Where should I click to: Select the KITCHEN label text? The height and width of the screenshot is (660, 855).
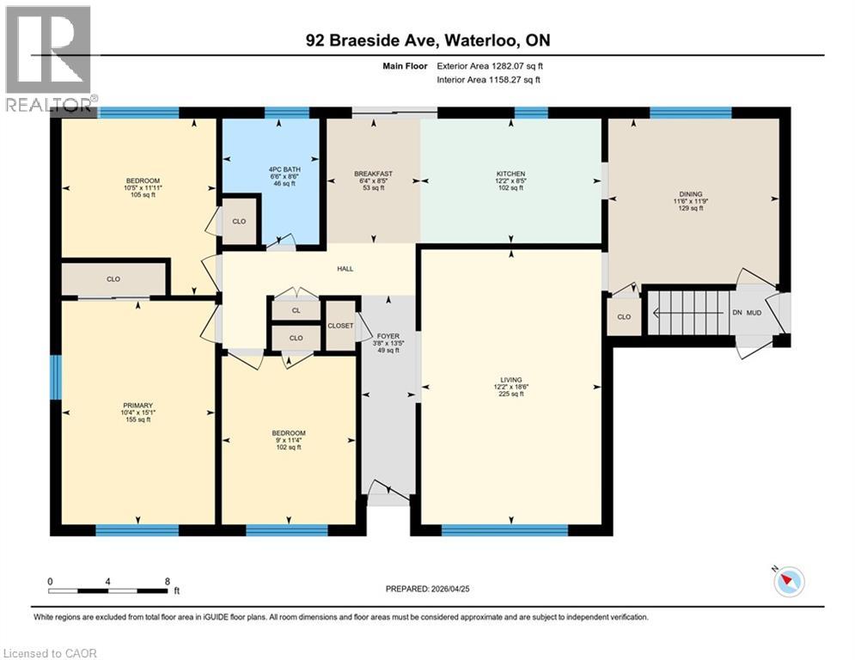510,174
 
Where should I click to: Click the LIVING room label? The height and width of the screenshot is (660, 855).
510,380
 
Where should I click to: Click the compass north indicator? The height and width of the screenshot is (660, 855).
788,582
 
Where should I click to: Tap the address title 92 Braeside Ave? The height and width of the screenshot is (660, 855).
427,40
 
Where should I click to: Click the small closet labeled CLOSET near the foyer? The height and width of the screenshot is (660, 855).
340,326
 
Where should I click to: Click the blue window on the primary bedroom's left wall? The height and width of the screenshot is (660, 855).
56,377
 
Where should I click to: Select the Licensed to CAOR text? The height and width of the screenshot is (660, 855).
51,653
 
